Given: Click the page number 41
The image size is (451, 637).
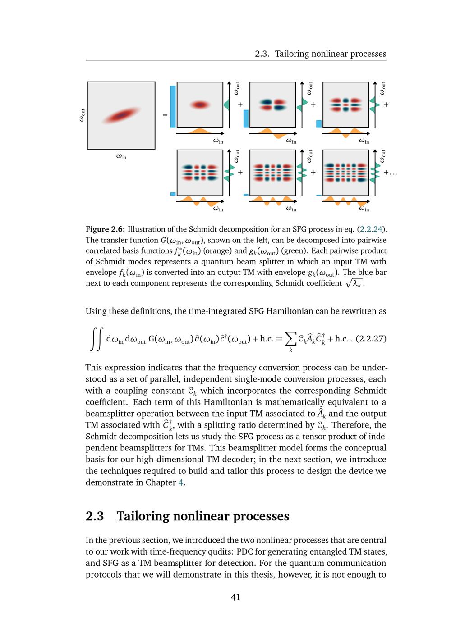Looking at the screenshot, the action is point(235,597).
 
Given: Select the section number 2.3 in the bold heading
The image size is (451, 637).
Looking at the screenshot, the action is point(95,516).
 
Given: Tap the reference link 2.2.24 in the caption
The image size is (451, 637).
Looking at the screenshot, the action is point(371,229).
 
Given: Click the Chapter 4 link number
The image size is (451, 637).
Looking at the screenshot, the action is point(180,482).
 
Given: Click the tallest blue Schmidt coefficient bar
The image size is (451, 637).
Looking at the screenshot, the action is point(173,107).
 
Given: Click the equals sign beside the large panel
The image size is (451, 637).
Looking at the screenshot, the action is point(165,115).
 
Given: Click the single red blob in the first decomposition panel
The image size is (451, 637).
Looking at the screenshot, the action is point(200,105).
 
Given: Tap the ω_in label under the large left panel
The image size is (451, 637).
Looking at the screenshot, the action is point(121,156).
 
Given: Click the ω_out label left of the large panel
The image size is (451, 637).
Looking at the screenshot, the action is point(82,115).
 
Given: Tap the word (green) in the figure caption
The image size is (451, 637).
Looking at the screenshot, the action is point(294,251).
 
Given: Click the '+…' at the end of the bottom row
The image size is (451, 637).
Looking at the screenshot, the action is point(390,173).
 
